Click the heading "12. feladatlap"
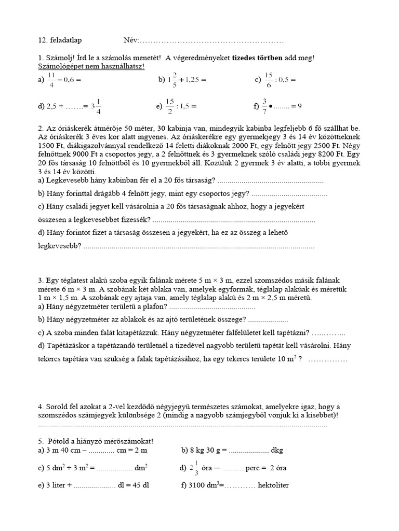click(60, 40)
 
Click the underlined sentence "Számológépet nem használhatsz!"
click(91, 67)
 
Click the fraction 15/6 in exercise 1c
click(269, 80)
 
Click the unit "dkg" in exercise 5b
click(277, 450)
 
